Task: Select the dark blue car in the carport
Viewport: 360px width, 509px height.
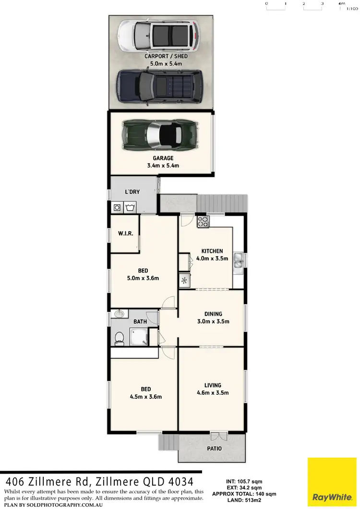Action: [x=158, y=86]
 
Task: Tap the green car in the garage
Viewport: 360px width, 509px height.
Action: [x=159, y=134]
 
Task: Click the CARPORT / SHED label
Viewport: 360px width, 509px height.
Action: [x=166, y=56]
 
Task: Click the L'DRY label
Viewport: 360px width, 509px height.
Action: [x=132, y=192]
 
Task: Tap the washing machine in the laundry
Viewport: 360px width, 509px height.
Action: [x=117, y=208]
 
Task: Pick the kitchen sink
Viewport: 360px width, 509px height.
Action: [x=237, y=261]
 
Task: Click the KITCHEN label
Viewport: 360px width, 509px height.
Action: [x=212, y=251]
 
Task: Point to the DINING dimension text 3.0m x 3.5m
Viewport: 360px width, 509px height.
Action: [x=214, y=321]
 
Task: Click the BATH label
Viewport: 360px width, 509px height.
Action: [x=140, y=321]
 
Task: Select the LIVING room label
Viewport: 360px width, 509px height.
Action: [x=213, y=385]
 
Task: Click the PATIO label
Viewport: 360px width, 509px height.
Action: [x=215, y=449]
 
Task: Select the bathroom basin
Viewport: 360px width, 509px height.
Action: [x=120, y=314]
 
